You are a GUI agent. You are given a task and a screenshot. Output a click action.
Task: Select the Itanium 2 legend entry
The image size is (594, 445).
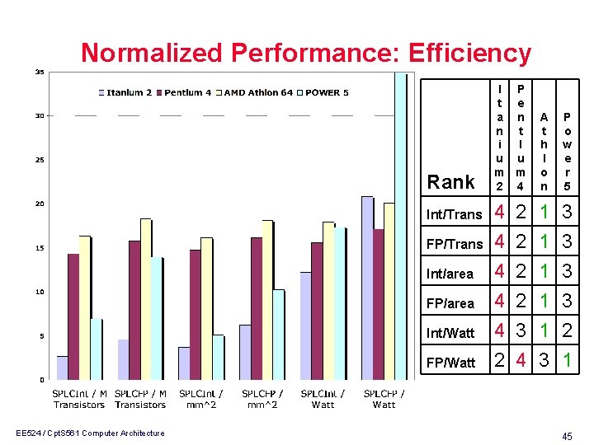pyautogui.click(x=125, y=92)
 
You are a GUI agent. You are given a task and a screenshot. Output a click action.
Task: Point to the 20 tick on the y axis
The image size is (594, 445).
pyautogui.click(x=39, y=204)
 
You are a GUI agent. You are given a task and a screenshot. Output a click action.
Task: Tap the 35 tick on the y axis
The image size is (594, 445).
pyautogui.click(x=39, y=72)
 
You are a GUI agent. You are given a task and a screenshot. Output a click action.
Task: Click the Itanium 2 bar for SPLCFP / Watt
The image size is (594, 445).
pyautogui.click(x=367, y=288)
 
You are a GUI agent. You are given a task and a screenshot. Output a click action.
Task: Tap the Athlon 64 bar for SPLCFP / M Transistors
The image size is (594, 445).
pyautogui.click(x=146, y=298)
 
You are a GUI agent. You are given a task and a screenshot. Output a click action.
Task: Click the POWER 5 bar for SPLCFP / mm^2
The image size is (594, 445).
pyautogui.click(x=279, y=334)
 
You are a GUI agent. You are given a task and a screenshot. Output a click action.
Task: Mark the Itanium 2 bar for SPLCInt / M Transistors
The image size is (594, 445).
pyautogui.click(x=63, y=368)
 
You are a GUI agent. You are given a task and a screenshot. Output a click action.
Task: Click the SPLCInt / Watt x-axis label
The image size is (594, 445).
pyautogui.click(x=323, y=399)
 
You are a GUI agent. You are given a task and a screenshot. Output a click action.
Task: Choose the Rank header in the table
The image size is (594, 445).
pyautogui.click(x=451, y=182)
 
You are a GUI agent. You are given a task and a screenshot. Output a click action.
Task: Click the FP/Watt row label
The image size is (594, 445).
pyautogui.click(x=450, y=363)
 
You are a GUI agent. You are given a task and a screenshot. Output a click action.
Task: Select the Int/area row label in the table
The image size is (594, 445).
pyautogui.click(x=450, y=273)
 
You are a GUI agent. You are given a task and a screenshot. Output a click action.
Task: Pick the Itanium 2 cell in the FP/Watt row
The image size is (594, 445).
pyautogui.click(x=499, y=361)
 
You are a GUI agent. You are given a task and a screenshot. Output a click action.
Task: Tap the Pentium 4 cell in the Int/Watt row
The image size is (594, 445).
pyautogui.click(x=521, y=331)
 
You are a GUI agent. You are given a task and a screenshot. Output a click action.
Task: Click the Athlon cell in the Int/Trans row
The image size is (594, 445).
pyautogui.click(x=544, y=213)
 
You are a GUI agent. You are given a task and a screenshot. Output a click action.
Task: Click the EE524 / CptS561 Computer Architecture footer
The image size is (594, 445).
pyautogui.click(x=88, y=433)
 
